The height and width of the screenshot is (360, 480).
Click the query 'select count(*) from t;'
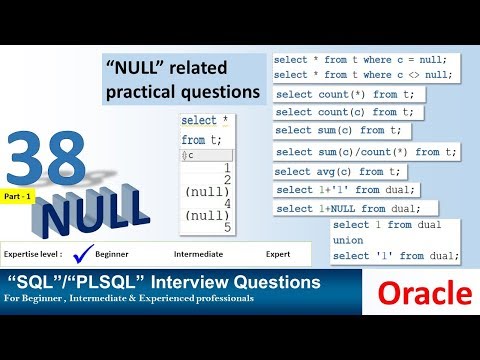coord(344,94)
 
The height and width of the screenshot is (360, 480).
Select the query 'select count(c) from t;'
coord(344,112)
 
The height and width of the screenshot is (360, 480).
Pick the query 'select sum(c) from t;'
coord(337,130)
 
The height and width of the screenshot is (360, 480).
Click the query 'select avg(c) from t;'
coord(337,171)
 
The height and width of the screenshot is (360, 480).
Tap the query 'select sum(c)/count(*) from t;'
coord(366,151)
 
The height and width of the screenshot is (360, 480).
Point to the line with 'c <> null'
coord(361,75)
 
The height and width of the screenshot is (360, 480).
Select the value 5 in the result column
coord(227,227)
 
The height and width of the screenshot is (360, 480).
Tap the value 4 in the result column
coord(227,203)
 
